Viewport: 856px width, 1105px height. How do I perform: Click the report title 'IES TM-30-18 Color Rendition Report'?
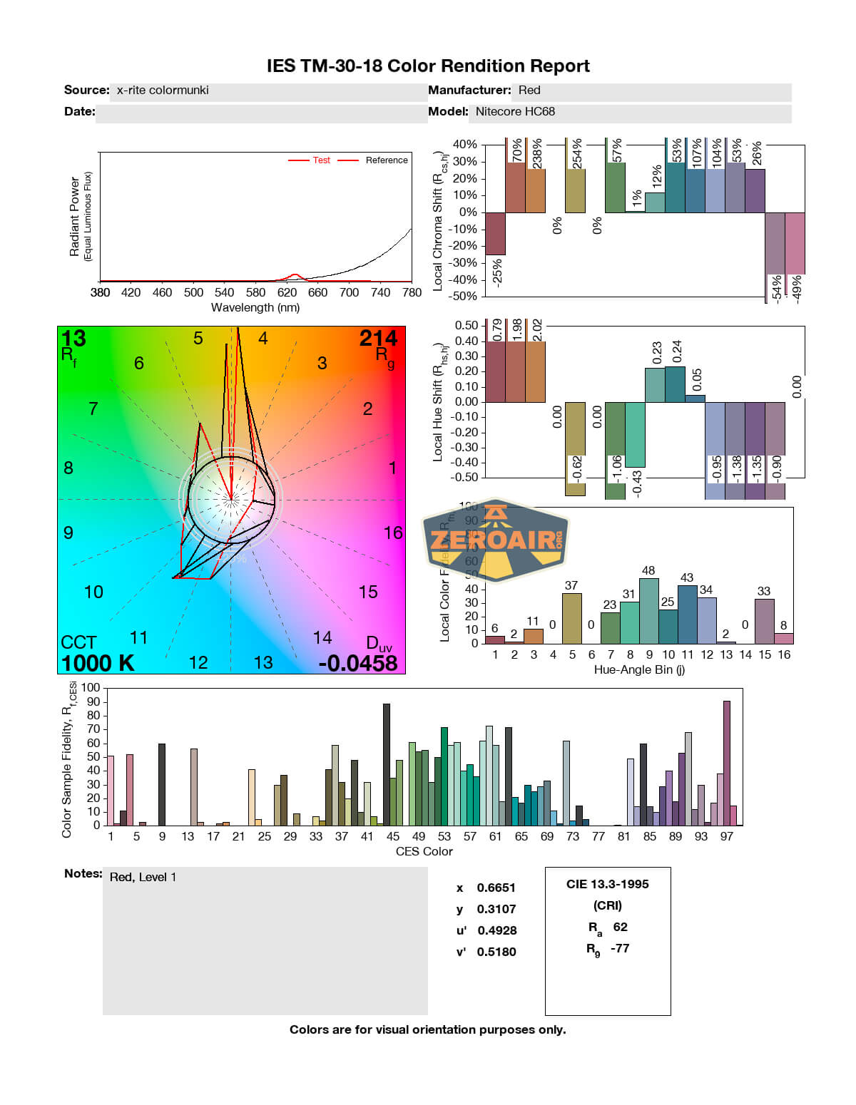tap(428, 66)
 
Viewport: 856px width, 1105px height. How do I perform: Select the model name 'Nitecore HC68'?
tap(515, 112)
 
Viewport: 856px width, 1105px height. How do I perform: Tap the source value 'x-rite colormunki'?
tap(163, 91)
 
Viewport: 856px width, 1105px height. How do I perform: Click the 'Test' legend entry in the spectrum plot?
tap(321, 160)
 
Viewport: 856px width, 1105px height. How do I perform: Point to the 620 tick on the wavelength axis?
tap(287, 292)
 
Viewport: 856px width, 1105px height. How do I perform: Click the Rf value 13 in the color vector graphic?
tap(73, 338)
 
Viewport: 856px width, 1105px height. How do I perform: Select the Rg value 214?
tap(378, 338)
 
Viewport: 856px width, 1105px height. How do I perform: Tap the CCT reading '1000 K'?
tap(98, 663)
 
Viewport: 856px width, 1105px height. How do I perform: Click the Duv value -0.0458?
tap(358, 663)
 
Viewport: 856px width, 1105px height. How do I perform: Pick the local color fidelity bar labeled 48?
tap(649, 611)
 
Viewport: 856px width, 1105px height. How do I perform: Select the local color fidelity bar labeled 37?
tap(572, 618)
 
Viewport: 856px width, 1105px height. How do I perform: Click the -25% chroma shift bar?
tap(495, 234)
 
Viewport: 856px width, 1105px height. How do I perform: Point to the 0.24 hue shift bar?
tap(675, 384)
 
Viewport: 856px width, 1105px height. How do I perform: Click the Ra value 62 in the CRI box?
tap(621, 927)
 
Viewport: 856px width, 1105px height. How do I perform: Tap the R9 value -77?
tap(620, 948)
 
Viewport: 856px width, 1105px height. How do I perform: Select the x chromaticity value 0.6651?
tap(496, 888)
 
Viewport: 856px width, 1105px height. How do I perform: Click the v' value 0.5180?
tap(496, 952)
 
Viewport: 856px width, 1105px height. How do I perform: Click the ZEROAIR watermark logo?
tap(496, 540)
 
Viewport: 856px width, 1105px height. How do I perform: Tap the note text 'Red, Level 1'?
tap(143, 877)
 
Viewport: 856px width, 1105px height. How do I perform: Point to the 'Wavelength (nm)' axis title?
tap(255, 308)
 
